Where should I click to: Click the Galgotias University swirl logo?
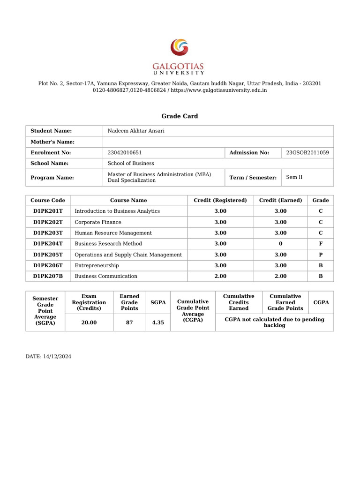(x=180, y=48)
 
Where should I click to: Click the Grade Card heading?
(x=180, y=116)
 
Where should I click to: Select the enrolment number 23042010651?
(x=125, y=152)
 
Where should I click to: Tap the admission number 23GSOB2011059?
(x=307, y=152)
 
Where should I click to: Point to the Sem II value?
(x=294, y=177)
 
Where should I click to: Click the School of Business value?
(x=131, y=163)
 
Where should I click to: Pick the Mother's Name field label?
(x=52, y=142)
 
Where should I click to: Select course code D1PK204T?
(x=48, y=244)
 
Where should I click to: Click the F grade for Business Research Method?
(x=321, y=244)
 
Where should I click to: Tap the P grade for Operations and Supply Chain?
(x=321, y=255)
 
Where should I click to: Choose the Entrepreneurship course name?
(x=97, y=265)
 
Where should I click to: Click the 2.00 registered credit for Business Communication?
(x=220, y=276)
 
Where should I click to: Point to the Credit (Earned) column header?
(x=281, y=200)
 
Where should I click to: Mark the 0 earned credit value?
(x=281, y=244)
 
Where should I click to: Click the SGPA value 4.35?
(x=158, y=322)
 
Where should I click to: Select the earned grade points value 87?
(x=129, y=322)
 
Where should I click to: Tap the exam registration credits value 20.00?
(x=89, y=322)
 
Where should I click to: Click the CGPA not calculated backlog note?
(x=274, y=322)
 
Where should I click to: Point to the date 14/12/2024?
(x=48, y=357)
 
